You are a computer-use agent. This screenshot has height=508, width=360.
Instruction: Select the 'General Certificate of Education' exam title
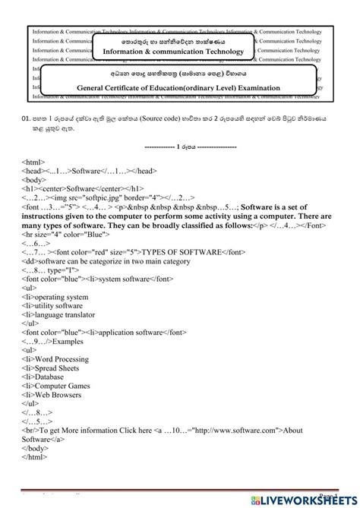(x=178, y=87)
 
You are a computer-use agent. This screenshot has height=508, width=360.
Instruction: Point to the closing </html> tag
(x=34, y=456)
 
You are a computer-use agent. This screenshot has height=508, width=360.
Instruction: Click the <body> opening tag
(x=34, y=179)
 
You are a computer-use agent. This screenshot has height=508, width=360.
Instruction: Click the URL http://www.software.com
(x=240, y=431)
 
